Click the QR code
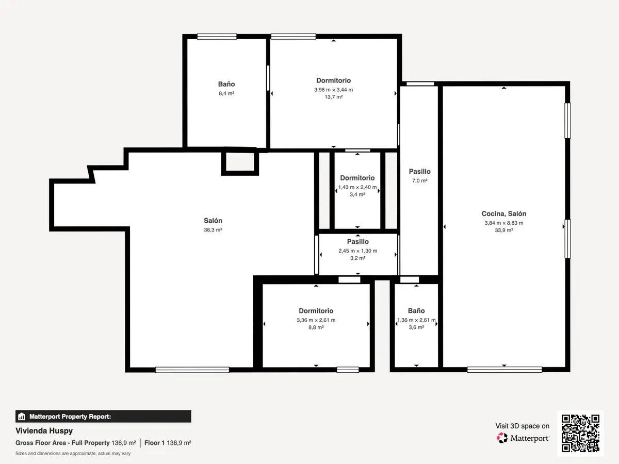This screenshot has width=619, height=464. point(580,433)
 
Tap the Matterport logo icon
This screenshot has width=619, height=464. point(502,438)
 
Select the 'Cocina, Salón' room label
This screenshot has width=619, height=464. point(503,213)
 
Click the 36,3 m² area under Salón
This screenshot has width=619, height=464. point(213,230)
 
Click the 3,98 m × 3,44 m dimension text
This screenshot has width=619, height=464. point(333,89)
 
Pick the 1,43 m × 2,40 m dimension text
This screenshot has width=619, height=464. point(357,187)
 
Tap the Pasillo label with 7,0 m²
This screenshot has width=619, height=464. point(419,172)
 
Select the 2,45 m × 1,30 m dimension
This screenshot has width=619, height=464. point(357,251)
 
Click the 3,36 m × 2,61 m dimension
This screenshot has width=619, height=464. point(316,320)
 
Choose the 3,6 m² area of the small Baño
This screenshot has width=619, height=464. point(416,327)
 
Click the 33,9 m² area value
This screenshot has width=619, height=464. point(503,230)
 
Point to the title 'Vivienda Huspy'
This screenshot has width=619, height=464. point(44,430)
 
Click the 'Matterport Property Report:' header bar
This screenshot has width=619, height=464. point(103,416)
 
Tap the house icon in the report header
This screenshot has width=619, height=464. point(22,416)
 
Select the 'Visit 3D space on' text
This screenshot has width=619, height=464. point(522,426)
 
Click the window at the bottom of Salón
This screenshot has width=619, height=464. point(192,370)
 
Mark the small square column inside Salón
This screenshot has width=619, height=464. point(240,162)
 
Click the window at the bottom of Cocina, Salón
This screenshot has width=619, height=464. point(504,369)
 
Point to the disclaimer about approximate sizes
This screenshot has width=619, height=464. point(73,453)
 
